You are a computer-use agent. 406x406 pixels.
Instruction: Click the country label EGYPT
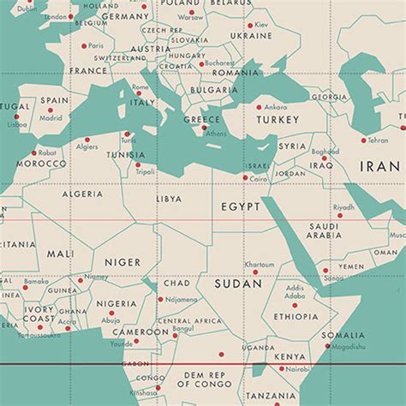(x=240, y=207)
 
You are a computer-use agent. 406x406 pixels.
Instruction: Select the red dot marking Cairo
(x=245, y=177)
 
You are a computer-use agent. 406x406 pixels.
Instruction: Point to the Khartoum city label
(x=260, y=265)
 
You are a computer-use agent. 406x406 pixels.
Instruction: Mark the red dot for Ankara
(x=259, y=107)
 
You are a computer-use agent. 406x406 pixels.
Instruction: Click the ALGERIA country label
(x=83, y=194)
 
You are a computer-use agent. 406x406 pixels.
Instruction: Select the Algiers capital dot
(x=87, y=138)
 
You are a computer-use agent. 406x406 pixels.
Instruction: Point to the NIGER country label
(x=122, y=262)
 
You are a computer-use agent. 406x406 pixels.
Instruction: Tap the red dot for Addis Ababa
(x=296, y=304)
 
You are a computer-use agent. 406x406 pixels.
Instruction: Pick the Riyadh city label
(x=343, y=206)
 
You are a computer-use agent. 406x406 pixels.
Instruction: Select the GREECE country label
(x=202, y=120)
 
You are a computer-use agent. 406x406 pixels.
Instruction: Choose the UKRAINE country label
(x=252, y=37)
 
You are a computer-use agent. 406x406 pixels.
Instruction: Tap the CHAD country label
(x=176, y=283)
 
